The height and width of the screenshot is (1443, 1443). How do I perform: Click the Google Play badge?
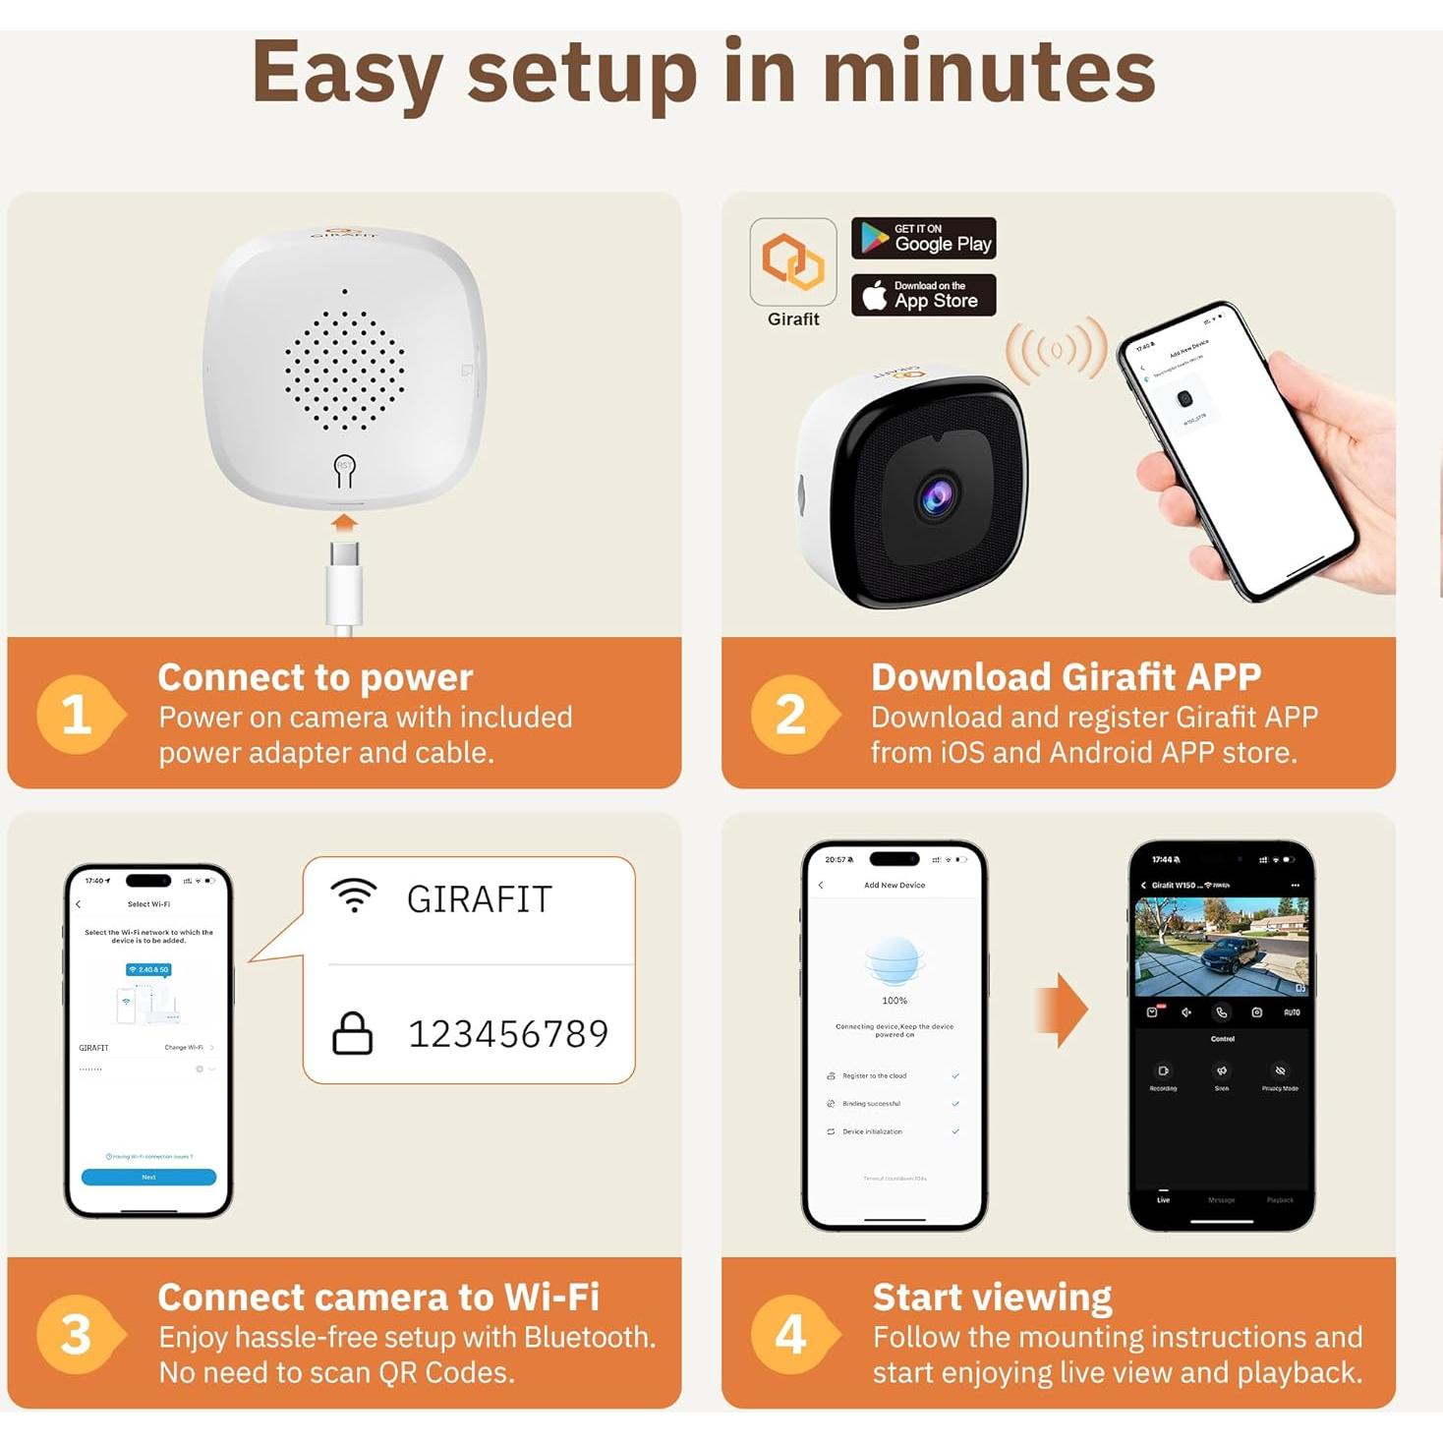click(x=923, y=238)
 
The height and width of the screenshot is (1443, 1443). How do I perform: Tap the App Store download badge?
click(x=923, y=295)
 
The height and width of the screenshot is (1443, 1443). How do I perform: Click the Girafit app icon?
click(x=792, y=262)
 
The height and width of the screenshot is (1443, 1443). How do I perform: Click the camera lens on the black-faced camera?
click(x=937, y=497)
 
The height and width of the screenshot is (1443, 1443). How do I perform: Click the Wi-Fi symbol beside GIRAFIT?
click(x=354, y=896)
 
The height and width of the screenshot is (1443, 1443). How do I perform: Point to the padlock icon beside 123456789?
click(x=352, y=1033)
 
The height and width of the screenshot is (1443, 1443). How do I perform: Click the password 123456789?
click(x=508, y=1034)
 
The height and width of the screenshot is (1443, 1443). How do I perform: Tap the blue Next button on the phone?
click(x=148, y=1177)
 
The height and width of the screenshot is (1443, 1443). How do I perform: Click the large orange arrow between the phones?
click(x=1062, y=1010)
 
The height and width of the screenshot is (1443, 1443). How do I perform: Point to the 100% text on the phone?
click(x=895, y=1001)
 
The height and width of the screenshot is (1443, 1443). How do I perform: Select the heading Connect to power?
click(x=315, y=677)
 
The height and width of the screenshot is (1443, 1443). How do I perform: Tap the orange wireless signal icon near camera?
click(x=1056, y=351)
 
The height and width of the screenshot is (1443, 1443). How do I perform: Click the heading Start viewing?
click(x=992, y=1298)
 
